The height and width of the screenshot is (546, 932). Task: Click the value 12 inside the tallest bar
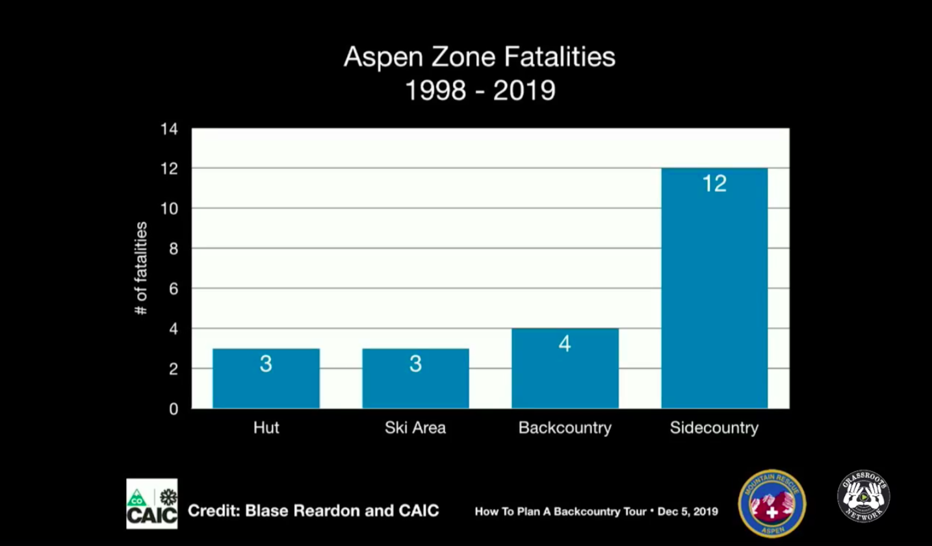click(x=714, y=184)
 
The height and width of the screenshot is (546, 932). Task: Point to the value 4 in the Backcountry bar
click(x=565, y=343)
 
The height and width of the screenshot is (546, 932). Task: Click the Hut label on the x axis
click(x=266, y=428)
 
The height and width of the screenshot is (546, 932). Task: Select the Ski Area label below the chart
click(x=415, y=428)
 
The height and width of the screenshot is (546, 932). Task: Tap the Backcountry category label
click(x=565, y=428)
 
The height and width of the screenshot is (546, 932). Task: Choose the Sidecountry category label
click(x=714, y=428)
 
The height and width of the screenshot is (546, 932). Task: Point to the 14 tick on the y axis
click(x=169, y=129)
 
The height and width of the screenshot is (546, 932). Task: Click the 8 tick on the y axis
click(x=174, y=249)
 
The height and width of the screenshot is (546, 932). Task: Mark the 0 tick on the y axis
click(x=174, y=409)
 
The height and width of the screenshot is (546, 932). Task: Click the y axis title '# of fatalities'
click(x=140, y=268)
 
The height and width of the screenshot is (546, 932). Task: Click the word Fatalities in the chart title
click(x=560, y=57)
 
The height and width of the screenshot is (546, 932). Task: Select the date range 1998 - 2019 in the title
click(x=480, y=90)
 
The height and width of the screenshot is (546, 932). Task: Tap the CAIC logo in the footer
click(x=151, y=504)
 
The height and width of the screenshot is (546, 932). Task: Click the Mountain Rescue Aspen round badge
click(x=772, y=504)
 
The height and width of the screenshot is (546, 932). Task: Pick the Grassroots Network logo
click(x=863, y=497)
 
